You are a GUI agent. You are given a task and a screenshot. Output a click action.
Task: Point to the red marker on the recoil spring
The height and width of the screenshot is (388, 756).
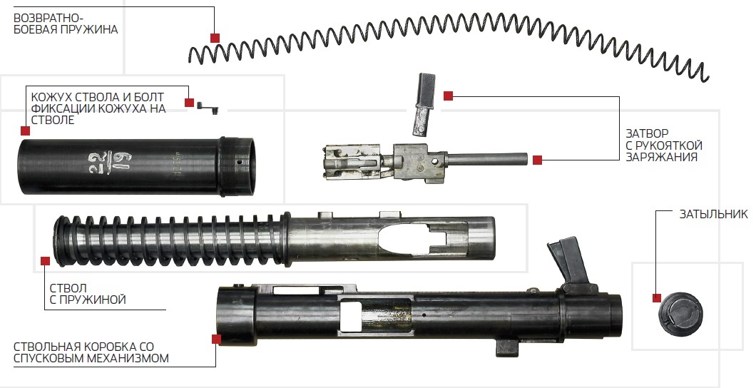tap(215, 37)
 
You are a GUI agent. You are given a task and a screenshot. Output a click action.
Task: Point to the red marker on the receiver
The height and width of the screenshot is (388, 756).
tap(215, 338)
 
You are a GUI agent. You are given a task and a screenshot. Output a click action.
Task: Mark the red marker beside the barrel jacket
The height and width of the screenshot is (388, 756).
tap(26, 131)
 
